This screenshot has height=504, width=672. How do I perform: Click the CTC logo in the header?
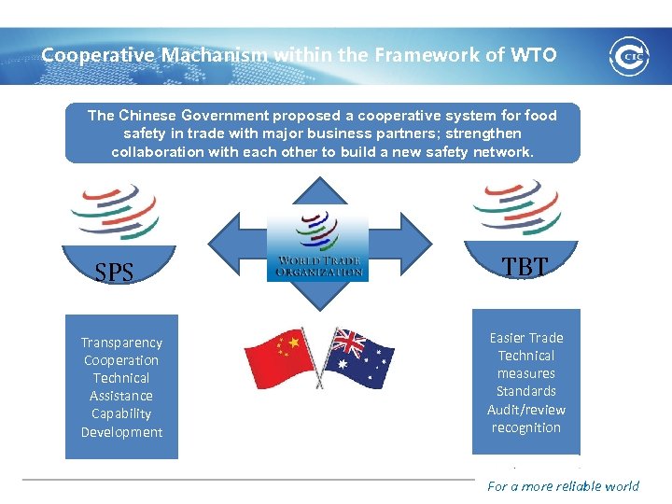click(x=628, y=56)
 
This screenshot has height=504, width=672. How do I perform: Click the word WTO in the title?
click(x=533, y=55)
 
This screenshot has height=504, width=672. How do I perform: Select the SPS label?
click(x=115, y=273)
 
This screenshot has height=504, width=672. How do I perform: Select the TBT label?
click(x=525, y=267)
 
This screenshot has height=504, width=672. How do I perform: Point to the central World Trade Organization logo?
click(x=317, y=245)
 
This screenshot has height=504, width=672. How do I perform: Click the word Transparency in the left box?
click(x=121, y=343)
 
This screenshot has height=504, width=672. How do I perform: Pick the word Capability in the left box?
click(x=121, y=413)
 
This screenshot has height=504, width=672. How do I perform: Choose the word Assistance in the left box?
click(x=121, y=396)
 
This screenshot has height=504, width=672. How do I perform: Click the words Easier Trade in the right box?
click(x=526, y=338)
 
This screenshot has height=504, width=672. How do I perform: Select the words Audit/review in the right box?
click(x=526, y=409)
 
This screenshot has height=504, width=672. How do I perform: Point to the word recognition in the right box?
click(x=526, y=427)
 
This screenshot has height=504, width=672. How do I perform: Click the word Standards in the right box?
click(x=526, y=391)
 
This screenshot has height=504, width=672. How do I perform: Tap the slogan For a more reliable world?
click(x=563, y=485)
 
